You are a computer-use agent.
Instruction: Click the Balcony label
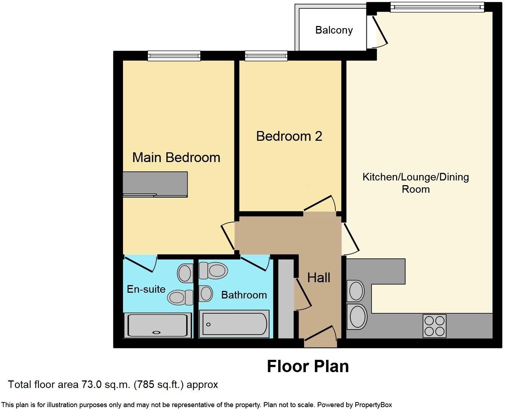pos(334,30)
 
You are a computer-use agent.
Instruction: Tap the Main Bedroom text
pos(176,158)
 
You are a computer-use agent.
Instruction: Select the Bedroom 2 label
pos(289,136)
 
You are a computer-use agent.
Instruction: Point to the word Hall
pos(319,278)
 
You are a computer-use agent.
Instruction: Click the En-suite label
pos(146,289)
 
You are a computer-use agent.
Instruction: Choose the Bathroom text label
pos(244,295)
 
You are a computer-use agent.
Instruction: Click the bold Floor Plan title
pos(308,366)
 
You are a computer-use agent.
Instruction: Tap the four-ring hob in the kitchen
pos(434,326)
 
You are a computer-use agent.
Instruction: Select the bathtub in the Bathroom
pos(234,324)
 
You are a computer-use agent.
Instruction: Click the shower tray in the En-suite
pos(158,325)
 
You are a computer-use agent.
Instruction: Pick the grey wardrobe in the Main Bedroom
pos(155,184)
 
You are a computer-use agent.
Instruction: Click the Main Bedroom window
pos(174,56)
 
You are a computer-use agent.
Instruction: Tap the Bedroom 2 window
pos(266,56)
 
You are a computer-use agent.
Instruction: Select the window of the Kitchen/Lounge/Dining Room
pos(437,7)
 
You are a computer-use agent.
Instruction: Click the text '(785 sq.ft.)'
pos(159,385)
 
